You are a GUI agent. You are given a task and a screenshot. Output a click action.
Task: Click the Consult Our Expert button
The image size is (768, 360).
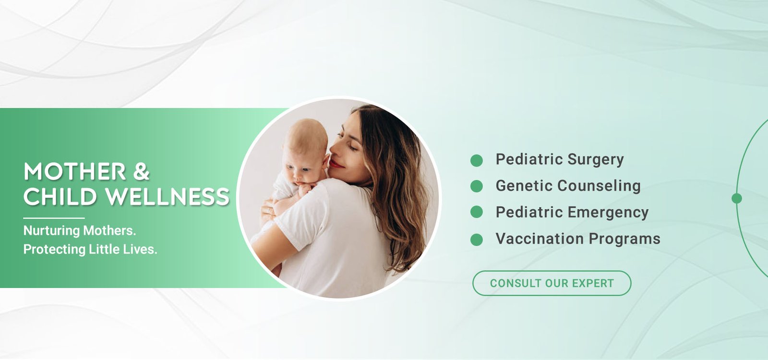click(552, 283)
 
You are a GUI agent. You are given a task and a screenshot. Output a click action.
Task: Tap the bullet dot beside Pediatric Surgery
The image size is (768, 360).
click(477, 160)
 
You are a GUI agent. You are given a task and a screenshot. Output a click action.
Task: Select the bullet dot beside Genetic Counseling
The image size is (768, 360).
click(477, 186)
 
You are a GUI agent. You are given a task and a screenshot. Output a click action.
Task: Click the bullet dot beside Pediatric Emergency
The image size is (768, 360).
click(477, 212)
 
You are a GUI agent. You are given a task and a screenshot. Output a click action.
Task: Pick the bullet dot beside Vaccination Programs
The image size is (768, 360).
click(477, 240)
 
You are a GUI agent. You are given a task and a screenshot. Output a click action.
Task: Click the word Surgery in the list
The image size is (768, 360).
click(596, 160)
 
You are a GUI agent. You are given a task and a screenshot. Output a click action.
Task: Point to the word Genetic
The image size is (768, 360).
click(524, 186)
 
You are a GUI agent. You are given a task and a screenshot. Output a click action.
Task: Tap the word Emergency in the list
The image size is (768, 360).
click(608, 213)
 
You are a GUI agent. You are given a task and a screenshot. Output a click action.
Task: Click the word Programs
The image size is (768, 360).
click(624, 240)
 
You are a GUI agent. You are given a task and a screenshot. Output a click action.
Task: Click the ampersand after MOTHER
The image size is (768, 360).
click(141, 171)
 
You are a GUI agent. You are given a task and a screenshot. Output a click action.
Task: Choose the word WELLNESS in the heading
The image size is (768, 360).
click(168, 196)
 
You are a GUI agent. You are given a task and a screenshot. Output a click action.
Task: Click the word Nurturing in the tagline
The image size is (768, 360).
click(51, 231)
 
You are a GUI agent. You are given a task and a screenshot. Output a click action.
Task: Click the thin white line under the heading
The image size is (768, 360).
click(54, 218)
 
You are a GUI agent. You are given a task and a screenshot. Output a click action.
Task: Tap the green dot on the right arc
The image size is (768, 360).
click(737, 198)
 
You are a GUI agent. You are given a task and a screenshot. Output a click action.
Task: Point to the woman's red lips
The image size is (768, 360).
click(336, 164)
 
